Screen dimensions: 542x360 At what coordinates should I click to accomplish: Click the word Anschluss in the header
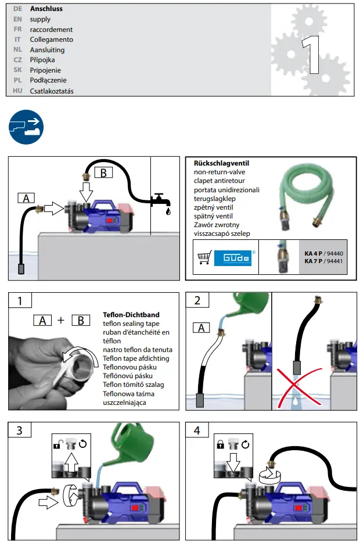[46, 9]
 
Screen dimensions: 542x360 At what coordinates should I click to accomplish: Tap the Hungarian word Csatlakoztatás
[52, 91]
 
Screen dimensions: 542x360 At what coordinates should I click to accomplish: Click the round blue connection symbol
[26, 126]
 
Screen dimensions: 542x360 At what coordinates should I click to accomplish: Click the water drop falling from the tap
[168, 213]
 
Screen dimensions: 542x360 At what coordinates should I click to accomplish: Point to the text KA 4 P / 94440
[325, 253]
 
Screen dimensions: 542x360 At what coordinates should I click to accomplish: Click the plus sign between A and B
[61, 320]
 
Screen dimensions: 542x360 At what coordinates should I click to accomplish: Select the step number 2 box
[197, 300]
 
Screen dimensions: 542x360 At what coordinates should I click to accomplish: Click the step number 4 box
[197, 430]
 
